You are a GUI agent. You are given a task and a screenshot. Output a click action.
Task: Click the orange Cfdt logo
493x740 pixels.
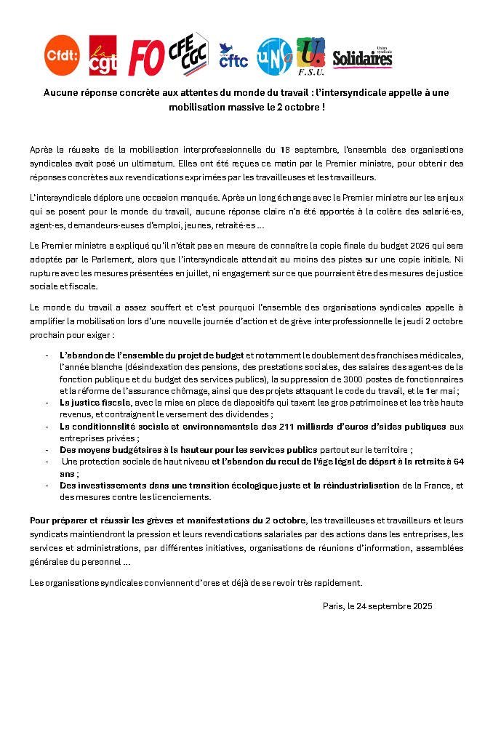click(x=63, y=55)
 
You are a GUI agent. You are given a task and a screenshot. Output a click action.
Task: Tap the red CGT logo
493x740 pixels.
click(x=103, y=55)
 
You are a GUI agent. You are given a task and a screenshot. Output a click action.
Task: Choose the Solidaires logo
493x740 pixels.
click(x=362, y=58)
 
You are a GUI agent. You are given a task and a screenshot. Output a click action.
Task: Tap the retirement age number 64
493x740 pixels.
click(x=457, y=462)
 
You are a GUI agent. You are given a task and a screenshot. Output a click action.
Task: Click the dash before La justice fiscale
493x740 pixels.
click(x=47, y=403)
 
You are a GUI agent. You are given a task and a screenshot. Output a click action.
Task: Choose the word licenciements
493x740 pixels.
click(x=177, y=497)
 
